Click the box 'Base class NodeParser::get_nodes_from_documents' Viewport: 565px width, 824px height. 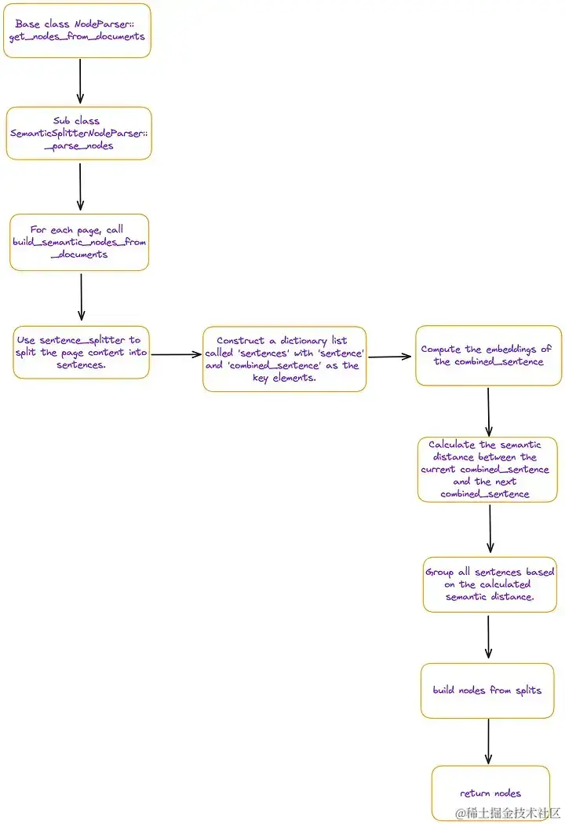(77, 31)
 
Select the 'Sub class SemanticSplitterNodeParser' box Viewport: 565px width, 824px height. (78, 134)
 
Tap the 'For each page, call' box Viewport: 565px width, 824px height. (78, 242)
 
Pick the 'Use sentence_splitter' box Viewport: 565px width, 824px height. (81, 352)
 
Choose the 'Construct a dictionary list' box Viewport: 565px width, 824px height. (284, 359)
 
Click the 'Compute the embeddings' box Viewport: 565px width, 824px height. (489, 355)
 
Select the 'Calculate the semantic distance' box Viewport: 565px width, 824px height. (487, 469)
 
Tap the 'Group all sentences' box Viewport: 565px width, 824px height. (489, 584)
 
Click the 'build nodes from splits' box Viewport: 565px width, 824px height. (487, 690)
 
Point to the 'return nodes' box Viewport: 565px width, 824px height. (490, 793)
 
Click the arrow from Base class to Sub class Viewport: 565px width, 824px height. (80, 82)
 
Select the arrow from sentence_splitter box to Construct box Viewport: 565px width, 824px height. (176, 354)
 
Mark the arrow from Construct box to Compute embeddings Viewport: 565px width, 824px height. (390, 357)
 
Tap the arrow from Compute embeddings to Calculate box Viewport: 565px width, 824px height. (488, 411)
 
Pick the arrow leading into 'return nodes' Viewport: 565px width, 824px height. (488, 742)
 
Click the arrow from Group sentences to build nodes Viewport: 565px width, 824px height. (489, 637)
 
